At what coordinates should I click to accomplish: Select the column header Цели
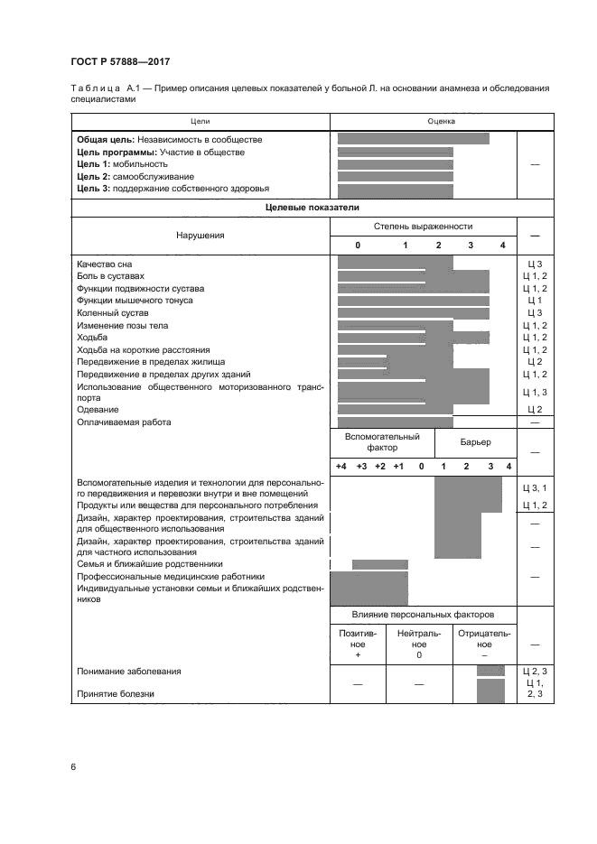[201, 120]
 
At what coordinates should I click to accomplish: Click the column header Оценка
[441, 120]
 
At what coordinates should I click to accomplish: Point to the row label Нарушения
[201, 235]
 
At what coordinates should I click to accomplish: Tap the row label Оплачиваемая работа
[124, 422]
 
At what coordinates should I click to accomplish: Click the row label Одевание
[98, 410]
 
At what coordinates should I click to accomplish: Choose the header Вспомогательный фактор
[382, 441]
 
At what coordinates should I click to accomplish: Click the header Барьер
[475, 442]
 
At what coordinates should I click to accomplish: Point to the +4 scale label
[340, 466]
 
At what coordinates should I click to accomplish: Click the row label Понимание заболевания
[128, 671]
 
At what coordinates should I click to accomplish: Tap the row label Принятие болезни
[116, 694]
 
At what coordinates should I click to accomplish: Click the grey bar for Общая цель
[413, 139]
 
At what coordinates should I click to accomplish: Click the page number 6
[72, 766]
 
